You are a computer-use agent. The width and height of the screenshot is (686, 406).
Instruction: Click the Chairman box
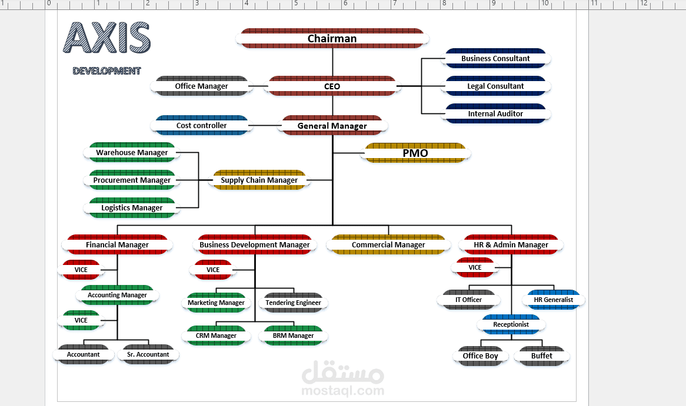click(332, 38)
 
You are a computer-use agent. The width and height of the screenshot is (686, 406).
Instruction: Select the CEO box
click(332, 86)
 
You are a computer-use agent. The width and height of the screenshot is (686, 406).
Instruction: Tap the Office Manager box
click(201, 86)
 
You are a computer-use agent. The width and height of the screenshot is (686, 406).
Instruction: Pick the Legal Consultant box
click(495, 86)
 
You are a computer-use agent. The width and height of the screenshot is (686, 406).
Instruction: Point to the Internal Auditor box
click(495, 113)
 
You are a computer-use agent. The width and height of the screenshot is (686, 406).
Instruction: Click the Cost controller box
click(201, 125)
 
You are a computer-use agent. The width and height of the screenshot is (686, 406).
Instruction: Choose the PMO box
click(415, 153)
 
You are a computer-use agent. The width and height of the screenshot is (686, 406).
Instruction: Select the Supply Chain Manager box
click(259, 180)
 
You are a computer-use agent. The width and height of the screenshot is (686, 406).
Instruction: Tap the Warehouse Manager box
click(132, 153)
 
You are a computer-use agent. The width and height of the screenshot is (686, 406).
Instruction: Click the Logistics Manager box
click(132, 207)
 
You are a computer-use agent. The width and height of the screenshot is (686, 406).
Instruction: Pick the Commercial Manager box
click(388, 245)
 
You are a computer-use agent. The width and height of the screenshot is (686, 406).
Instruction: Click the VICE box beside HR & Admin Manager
click(475, 267)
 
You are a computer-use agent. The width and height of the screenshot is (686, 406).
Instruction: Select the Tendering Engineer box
click(293, 303)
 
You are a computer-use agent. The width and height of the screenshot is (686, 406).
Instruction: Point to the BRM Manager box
click(293, 335)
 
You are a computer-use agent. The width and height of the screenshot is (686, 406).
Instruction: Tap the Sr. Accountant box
click(148, 354)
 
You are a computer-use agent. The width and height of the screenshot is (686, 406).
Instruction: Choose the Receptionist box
click(511, 324)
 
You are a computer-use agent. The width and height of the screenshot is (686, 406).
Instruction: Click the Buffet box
click(542, 355)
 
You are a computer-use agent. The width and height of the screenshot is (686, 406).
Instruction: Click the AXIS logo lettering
click(107, 38)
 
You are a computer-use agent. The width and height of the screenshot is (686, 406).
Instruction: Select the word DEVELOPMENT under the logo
click(106, 71)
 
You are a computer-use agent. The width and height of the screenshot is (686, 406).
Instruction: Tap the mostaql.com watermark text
click(343, 390)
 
